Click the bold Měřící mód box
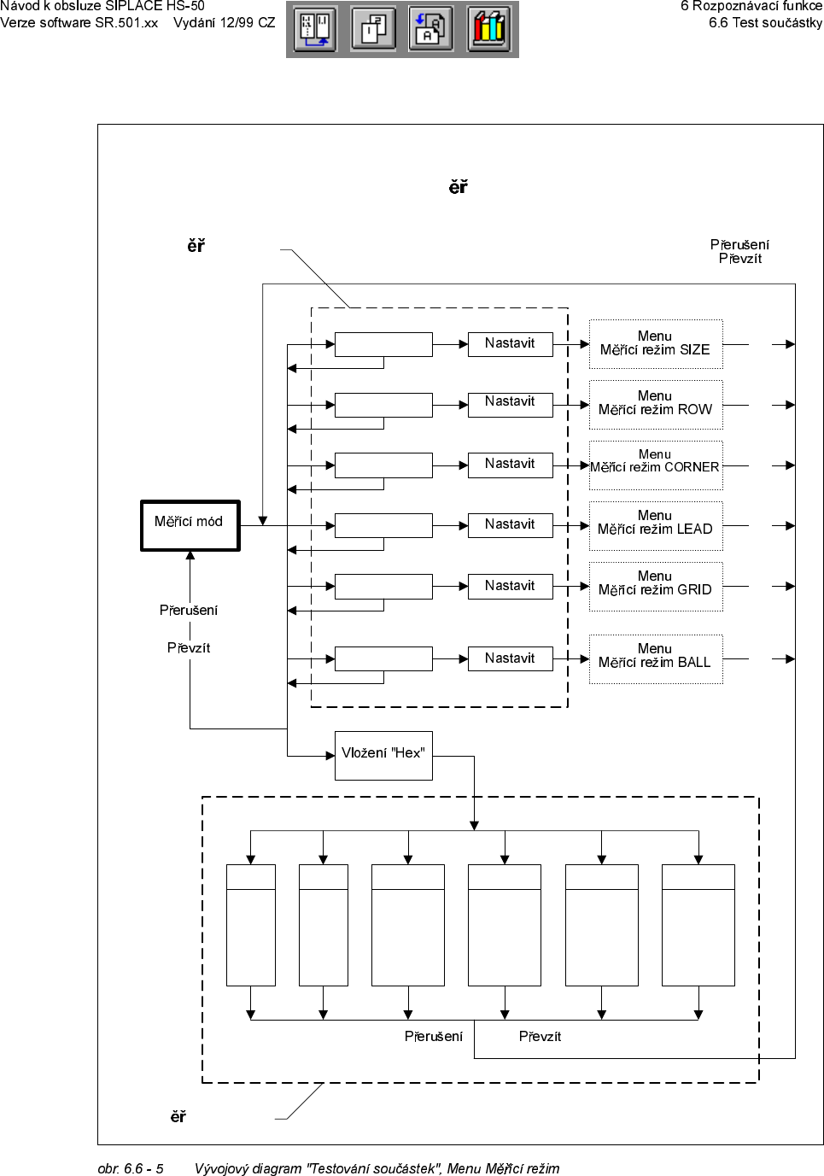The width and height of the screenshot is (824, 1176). [190, 525]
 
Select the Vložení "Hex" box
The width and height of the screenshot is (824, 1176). [383, 755]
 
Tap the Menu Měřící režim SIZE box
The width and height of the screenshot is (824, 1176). [655, 343]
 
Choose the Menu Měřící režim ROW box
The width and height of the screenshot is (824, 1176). [655, 404]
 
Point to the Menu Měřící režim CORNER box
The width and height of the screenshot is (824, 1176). [655, 465]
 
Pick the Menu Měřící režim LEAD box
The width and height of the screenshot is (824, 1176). [655, 525]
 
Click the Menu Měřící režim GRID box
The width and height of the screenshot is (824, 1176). [655, 586]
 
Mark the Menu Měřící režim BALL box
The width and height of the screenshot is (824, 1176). [655, 658]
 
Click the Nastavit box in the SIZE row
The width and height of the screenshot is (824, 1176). [510, 343]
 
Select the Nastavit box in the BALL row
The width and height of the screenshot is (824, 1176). [510, 658]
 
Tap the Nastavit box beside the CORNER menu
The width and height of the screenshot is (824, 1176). [510, 465]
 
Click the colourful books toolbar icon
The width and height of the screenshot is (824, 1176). [489, 29]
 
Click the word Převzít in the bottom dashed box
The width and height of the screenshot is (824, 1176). [540, 1036]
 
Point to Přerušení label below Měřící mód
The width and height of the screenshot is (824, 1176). [189, 610]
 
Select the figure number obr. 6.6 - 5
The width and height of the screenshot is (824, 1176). [131, 1168]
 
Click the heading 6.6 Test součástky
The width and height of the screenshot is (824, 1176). [765, 23]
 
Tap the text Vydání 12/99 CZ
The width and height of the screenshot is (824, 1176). [224, 23]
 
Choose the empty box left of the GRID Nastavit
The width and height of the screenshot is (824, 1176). [383, 586]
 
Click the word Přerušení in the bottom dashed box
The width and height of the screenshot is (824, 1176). [434, 1036]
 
